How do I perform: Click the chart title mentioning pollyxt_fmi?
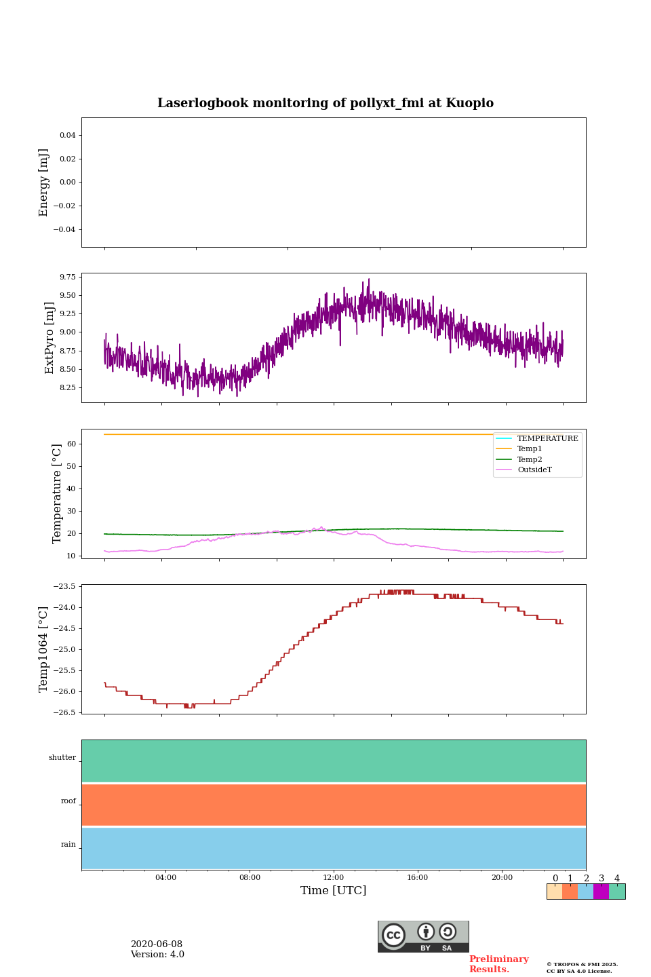click(x=325, y=103)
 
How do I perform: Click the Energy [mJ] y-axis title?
click(x=44, y=183)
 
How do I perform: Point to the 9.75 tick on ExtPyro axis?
click(x=67, y=277)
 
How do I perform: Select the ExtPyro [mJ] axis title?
click(x=50, y=338)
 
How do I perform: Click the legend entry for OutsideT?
click(x=534, y=470)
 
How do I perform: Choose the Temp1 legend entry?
click(x=530, y=449)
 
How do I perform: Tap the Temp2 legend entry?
click(x=530, y=460)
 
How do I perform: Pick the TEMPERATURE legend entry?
click(x=547, y=439)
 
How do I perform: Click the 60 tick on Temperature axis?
click(x=71, y=444)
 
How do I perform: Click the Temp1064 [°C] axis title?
click(x=44, y=649)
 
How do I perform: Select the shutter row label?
click(x=62, y=758)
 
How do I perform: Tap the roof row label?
click(x=68, y=801)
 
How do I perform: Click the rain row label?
click(x=68, y=845)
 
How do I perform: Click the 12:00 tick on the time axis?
click(x=334, y=878)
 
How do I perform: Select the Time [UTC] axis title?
click(x=334, y=891)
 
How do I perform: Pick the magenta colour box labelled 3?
click(x=601, y=892)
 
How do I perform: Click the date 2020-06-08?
click(x=157, y=944)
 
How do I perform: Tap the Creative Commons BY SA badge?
click(x=423, y=936)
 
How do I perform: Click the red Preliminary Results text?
click(x=498, y=964)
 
